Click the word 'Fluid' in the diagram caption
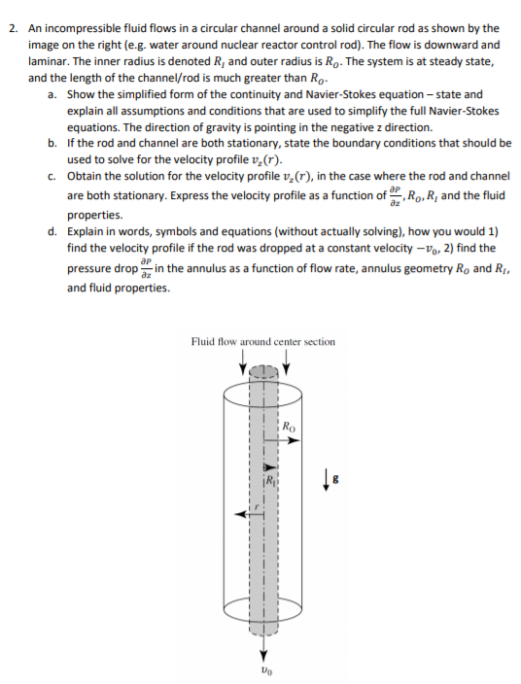point(204,341)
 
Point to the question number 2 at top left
point(11,29)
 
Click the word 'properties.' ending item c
point(94,215)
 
